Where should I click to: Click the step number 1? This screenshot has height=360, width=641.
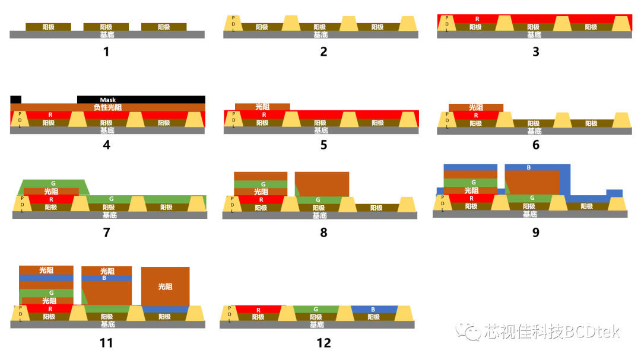106,52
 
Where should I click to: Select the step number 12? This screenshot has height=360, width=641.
324,343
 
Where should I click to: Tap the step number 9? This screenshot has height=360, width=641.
535,232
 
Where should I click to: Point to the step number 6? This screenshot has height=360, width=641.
535,145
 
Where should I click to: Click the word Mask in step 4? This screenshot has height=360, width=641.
108,100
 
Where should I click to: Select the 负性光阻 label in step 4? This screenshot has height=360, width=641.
107,107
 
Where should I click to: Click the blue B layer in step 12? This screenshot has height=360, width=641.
373,310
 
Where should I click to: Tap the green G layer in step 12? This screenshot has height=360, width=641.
316,310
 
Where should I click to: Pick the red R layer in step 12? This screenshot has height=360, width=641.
259,310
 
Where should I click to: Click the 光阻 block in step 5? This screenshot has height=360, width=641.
262,107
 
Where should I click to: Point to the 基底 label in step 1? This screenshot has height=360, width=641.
107,35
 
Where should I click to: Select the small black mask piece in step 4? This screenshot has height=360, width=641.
15,99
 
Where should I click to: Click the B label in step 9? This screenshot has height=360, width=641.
529,167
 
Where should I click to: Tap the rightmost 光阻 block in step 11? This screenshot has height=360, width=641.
165,286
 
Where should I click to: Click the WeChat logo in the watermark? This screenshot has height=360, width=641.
468,330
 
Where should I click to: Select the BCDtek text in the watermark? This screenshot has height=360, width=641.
592,331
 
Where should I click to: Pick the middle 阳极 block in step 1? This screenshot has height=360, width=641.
106,27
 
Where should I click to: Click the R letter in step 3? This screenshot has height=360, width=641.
477,19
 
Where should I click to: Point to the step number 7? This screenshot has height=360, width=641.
106,232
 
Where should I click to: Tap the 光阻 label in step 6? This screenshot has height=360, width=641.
476,107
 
